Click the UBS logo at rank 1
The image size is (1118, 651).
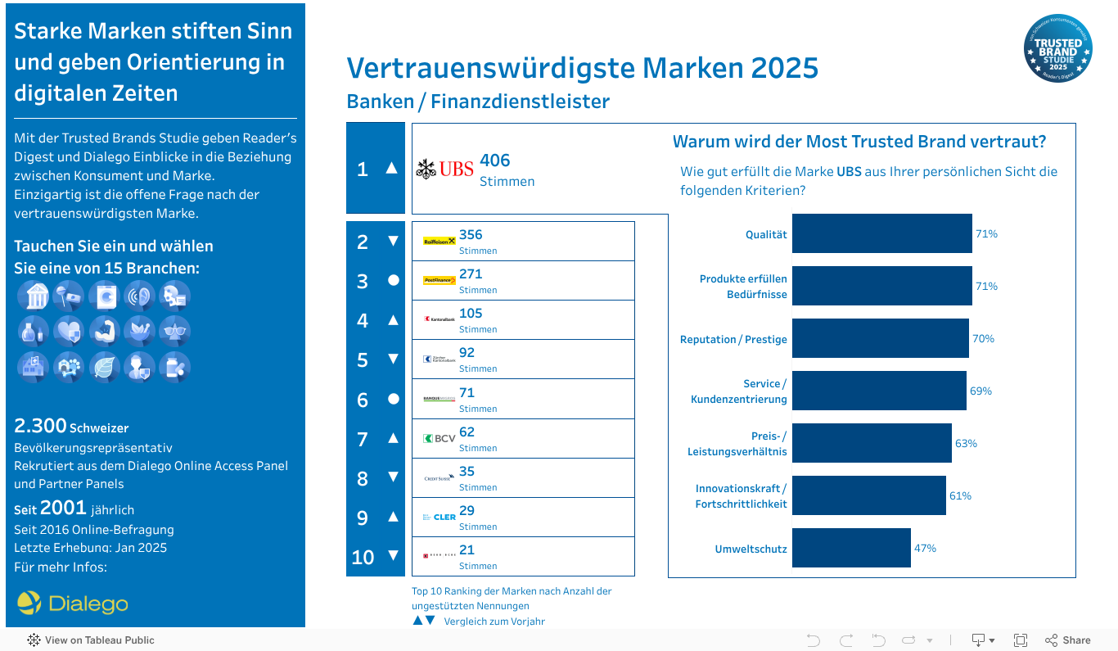click(x=444, y=170)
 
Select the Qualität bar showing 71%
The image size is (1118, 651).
click(x=881, y=234)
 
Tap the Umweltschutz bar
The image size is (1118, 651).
click(x=851, y=548)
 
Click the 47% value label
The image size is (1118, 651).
click(x=925, y=548)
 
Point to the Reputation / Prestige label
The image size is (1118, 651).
click(x=733, y=339)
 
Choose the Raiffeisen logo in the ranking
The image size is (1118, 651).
click(x=439, y=242)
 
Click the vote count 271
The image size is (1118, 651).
click(x=471, y=274)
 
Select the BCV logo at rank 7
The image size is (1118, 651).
click(x=440, y=439)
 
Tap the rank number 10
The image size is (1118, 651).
click(x=363, y=558)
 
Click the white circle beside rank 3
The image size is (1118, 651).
click(x=393, y=280)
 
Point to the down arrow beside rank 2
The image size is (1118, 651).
click(x=393, y=241)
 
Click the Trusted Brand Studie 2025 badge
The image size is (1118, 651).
click(x=1057, y=48)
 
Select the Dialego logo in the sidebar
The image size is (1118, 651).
click(x=73, y=604)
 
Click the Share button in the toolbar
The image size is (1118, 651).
click(x=1068, y=640)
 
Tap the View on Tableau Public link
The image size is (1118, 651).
click(x=91, y=640)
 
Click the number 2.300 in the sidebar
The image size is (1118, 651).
click(x=40, y=426)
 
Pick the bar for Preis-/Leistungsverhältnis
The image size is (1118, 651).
click(x=872, y=443)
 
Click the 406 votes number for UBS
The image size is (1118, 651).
click(x=495, y=160)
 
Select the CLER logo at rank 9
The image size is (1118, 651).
click(x=440, y=518)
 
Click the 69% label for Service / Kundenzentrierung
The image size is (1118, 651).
click(x=981, y=391)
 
